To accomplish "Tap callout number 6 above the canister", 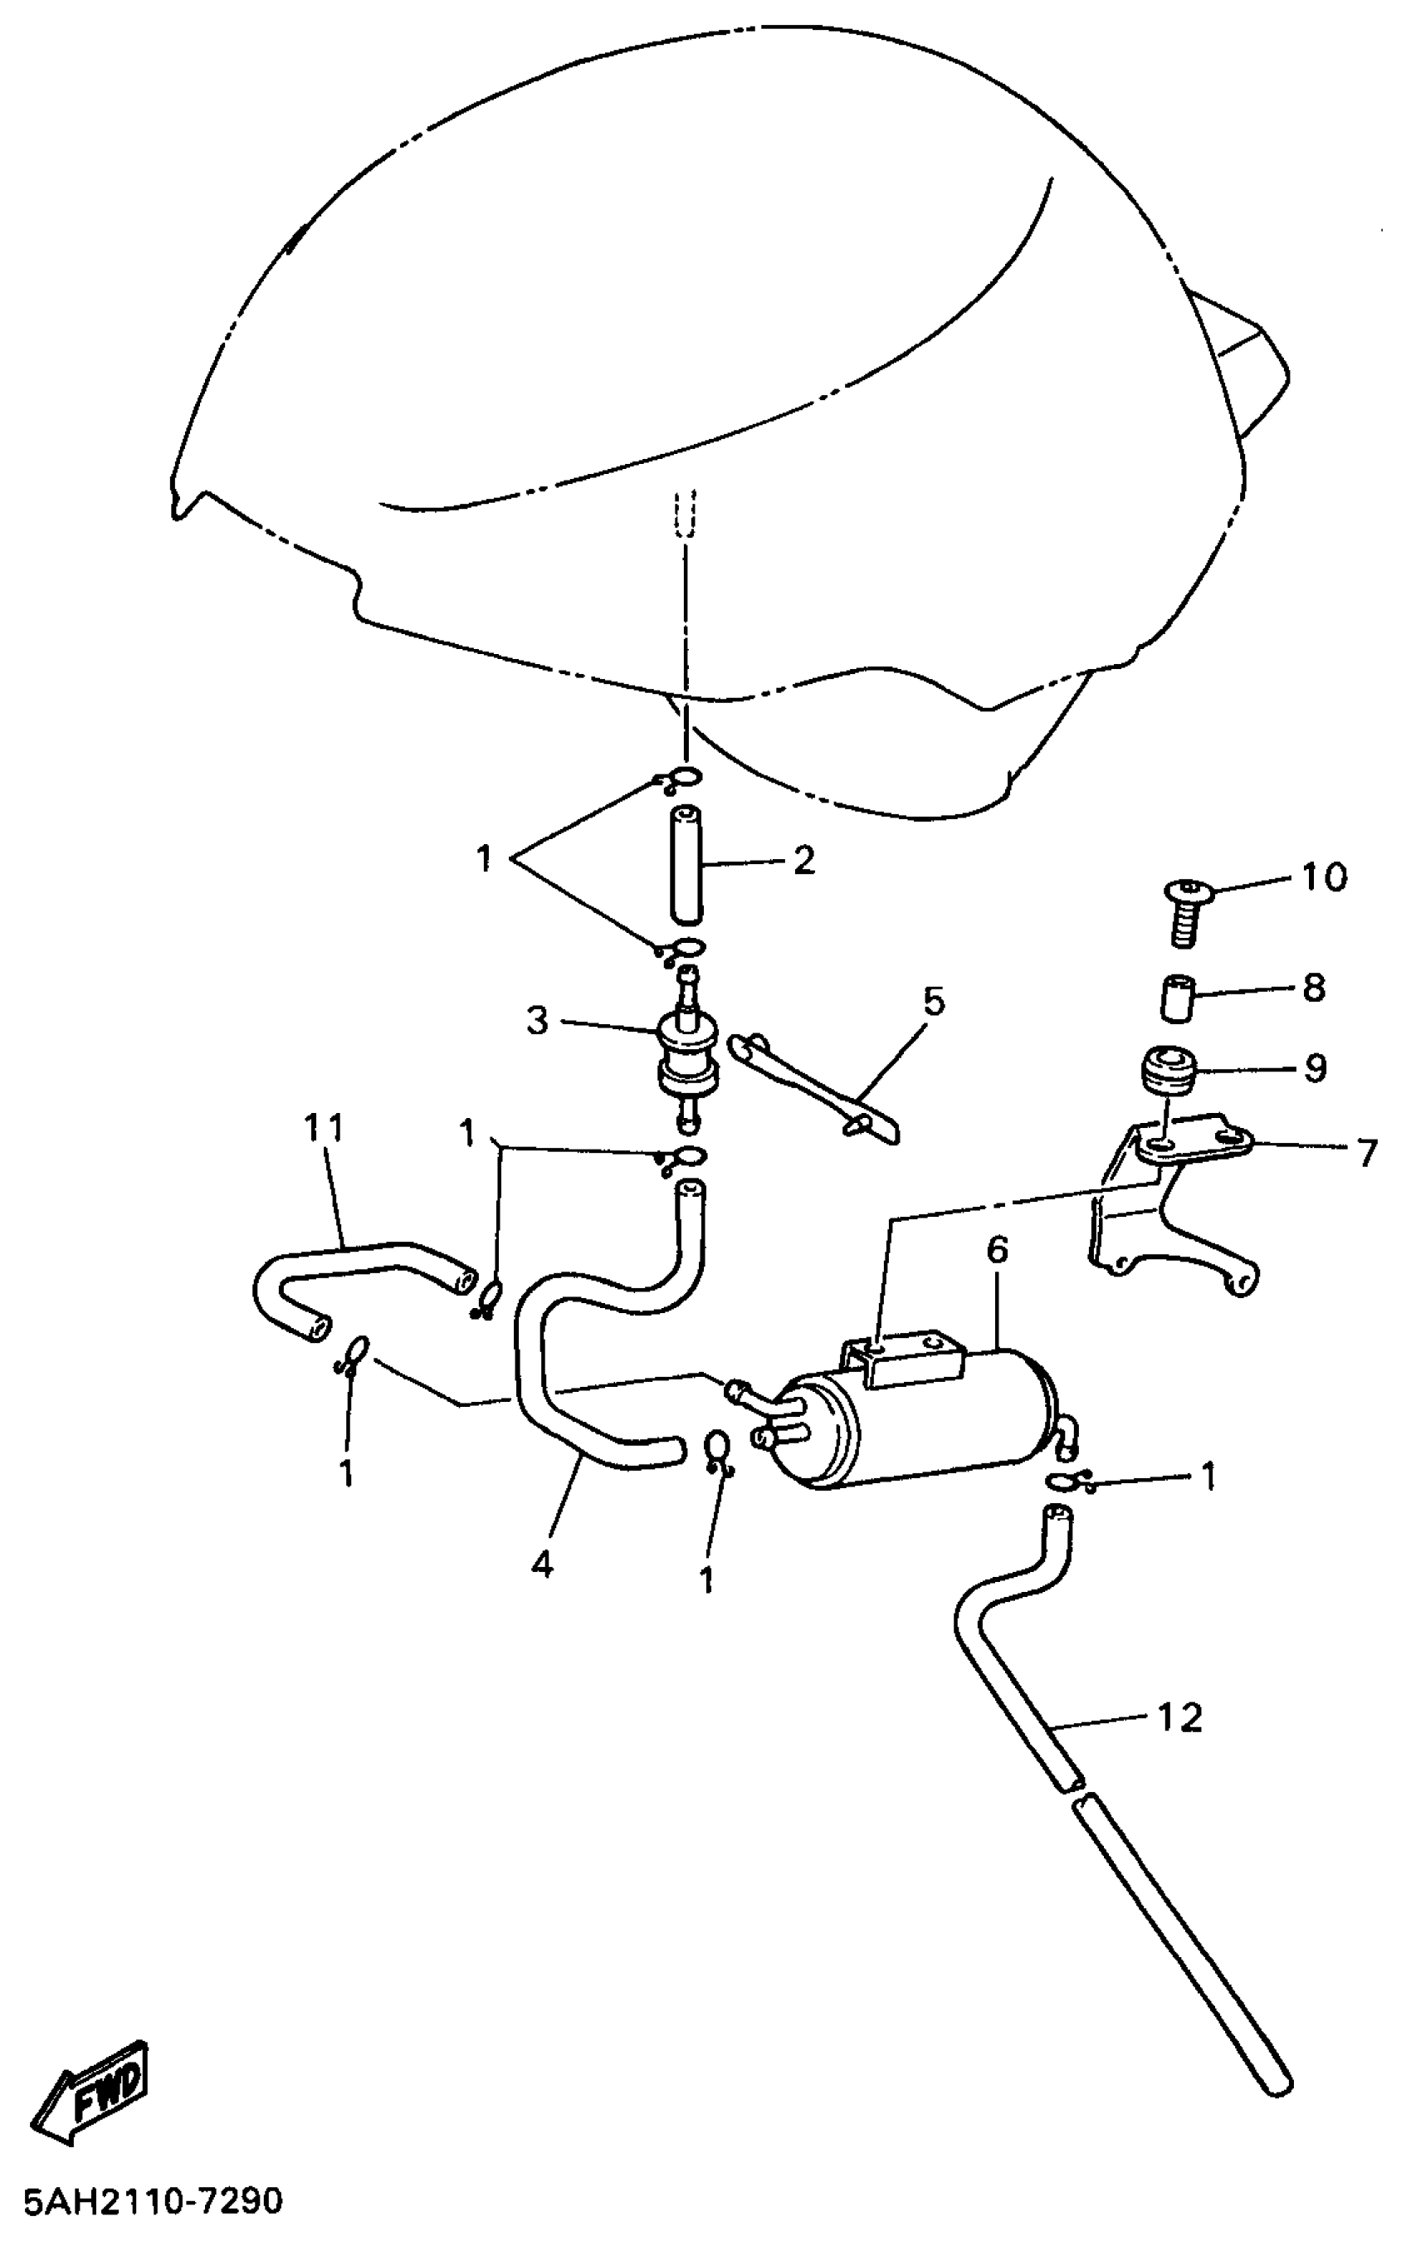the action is tap(997, 1250).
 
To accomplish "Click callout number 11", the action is tap(323, 1129).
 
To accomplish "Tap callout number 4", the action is tap(542, 1564).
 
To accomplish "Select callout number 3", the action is tap(537, 1020).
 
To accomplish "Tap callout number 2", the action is tap(803, 860).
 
